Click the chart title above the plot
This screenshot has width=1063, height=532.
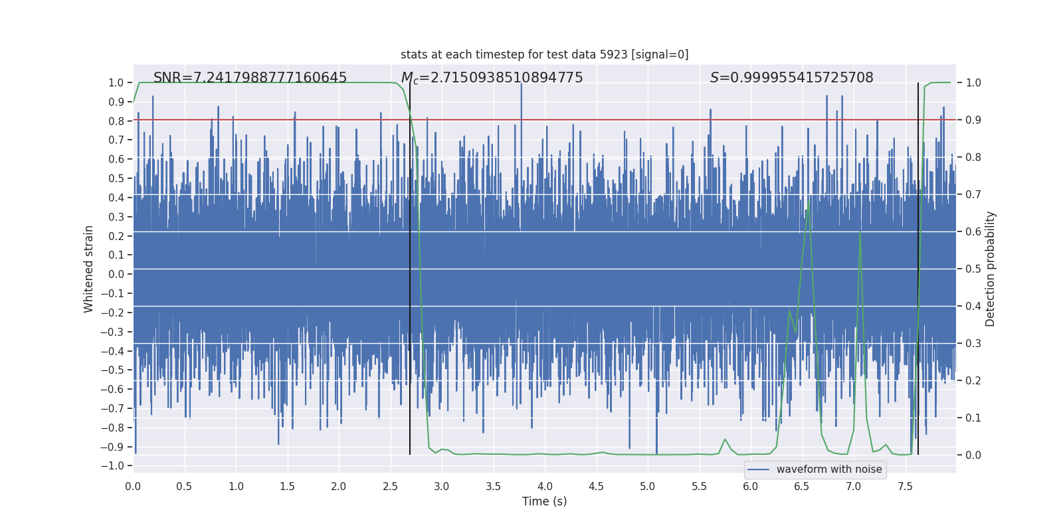click(x=544, y=55)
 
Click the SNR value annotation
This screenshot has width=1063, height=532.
click(x=250, y=78)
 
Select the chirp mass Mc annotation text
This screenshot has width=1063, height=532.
click(x=492, y=78)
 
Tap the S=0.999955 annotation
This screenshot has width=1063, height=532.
click(x=791, y=78)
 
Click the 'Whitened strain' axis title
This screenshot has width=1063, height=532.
click(x=89, y=269)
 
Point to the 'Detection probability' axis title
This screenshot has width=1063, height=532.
click(x=991, y=269)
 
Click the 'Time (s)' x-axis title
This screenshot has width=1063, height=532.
click(x=544, y=501)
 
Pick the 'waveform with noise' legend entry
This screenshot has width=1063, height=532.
click(x=828, y=469)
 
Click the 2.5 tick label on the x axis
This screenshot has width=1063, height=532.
click(x=390, y=486)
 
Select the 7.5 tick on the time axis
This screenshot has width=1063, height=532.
click(x=905, y=486)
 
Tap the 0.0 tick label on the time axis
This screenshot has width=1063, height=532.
click(x=133, y=486)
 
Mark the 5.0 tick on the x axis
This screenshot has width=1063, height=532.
click(x=648, y=486)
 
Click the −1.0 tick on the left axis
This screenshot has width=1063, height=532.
click(x=112, y=465)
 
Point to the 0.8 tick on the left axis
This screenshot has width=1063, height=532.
click(x=116, y=121)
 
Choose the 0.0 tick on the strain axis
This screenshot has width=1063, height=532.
click(x=116, y=274)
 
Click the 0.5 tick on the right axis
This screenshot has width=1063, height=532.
click(x=973, y=269)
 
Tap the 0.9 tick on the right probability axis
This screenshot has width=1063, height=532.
click(x=973, y=120)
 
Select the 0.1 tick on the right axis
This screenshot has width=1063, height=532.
click(x=973, y=418)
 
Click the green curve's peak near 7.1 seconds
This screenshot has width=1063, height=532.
click(x=860, y=231)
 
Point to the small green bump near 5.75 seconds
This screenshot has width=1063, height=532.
click(x=725, y=439)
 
